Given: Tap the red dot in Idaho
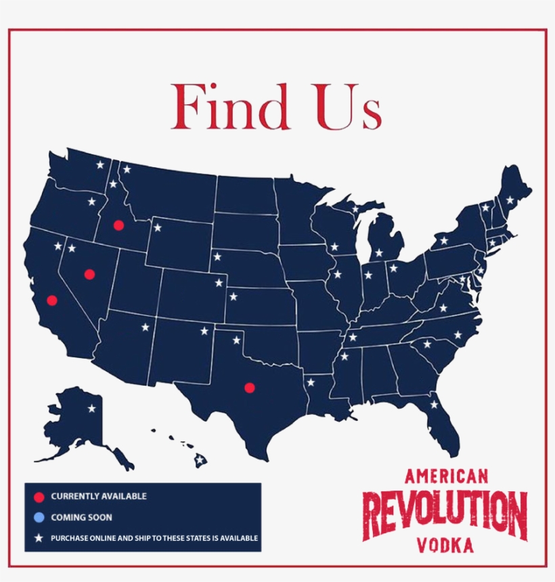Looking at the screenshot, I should (x=118, y=225).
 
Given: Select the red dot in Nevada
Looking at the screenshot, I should (x=89, y=274).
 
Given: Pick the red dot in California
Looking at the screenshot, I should (x=52, y=300).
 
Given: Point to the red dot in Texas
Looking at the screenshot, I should (x=249, y=387).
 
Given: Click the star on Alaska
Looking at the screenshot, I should (x=91, y=408).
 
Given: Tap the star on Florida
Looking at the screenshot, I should (x=435, y=405).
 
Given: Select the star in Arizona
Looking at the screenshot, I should (x=145, y=328).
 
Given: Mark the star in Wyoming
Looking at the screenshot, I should (x=158, y=227).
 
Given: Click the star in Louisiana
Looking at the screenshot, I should (x=311, y=382).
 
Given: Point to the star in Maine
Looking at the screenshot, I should (x=510, y=200).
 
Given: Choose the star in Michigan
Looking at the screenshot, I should (x=378, y=253).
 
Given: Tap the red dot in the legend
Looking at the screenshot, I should (x=39, y=497).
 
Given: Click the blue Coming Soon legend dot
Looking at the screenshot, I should (x=39, y=518).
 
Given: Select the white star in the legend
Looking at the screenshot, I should (x=39, y=539).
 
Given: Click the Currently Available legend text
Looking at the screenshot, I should (x=99, y=497).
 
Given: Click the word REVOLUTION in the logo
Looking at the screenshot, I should (x=445, y=514).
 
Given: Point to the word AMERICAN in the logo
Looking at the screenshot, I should (x=446, y=476).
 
